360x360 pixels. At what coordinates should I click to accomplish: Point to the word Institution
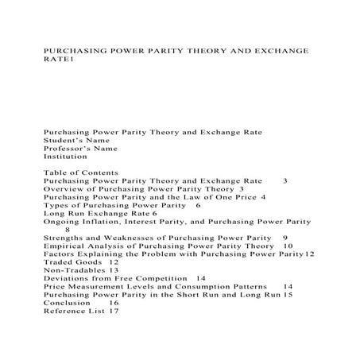65,157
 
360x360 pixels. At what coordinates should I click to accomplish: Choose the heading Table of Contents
81,172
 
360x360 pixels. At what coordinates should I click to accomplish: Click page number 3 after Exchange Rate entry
285,181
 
